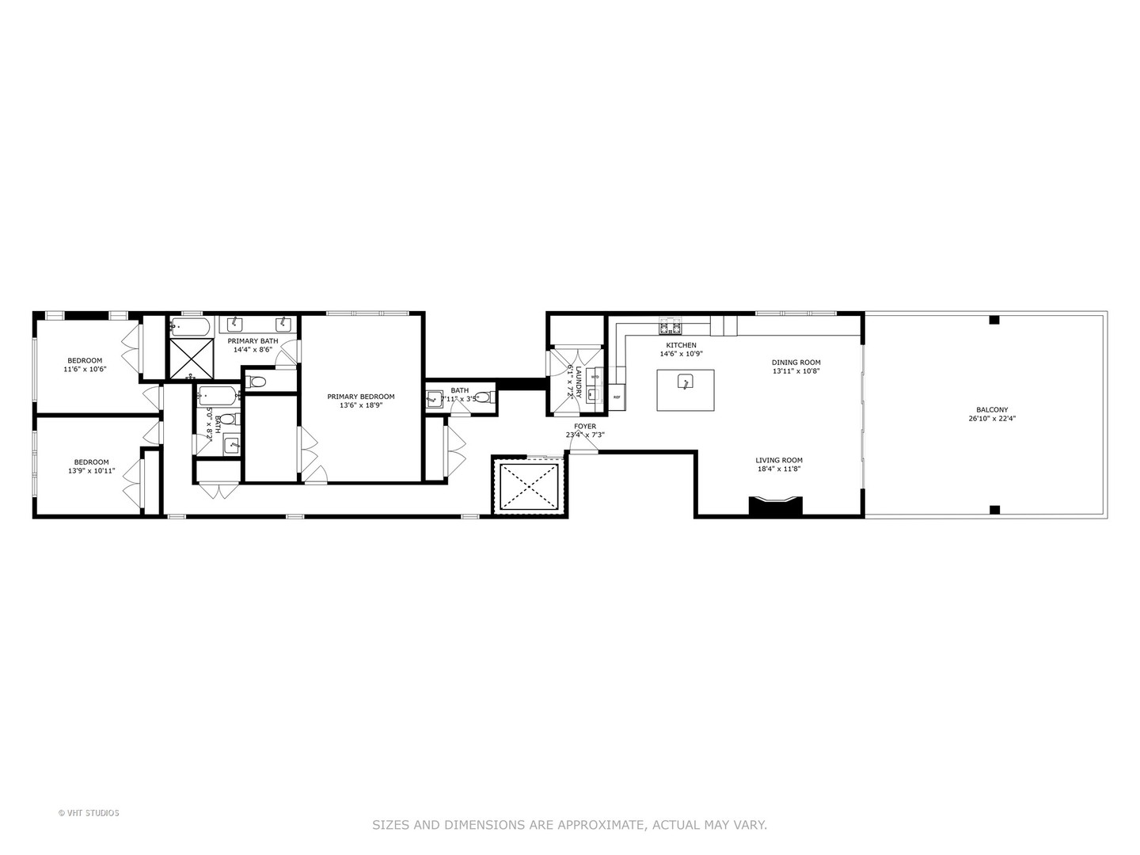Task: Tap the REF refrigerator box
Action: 617,397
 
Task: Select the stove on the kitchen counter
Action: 671,326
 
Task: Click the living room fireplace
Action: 776,507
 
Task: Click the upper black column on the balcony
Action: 994,320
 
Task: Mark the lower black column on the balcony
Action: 994,509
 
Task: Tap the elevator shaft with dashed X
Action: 527,487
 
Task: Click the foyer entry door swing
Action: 584,449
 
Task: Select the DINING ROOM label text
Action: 796,363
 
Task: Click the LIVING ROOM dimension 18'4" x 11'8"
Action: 779,469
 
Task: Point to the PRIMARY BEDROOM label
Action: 360,397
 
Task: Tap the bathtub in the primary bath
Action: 189,325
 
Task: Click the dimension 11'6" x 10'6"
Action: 85,369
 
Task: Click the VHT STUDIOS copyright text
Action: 89,812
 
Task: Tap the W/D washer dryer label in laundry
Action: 595,378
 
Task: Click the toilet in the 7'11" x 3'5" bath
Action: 482,397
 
